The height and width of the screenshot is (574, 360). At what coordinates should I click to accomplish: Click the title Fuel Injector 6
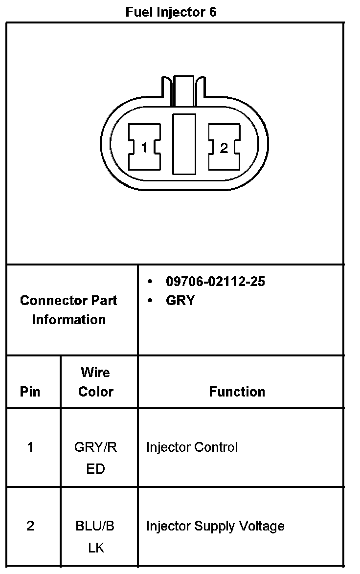pyautogui.click(x=171, y=12)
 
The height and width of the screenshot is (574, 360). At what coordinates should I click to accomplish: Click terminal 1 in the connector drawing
pyautogui.click(x=144, y=147)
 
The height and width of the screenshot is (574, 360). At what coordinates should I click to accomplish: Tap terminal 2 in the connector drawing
pyautogui.click(x=224, y=147)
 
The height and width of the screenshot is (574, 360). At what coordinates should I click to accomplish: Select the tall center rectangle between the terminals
pyautogui.click(x=184, y=144)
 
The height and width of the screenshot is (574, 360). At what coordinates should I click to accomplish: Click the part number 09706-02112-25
pyautogui.click(x=215, y=282)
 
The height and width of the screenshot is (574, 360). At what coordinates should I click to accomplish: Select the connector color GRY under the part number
pyautogui.click(x=180, y=300)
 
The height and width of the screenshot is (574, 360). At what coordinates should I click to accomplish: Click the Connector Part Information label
pyautogui.click(x=68, y=310)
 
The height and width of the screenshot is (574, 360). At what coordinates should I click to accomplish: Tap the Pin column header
pyautogui.click(x=30, y=392)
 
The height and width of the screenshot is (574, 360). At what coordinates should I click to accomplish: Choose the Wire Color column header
pyautogui.click(x=96, y=382)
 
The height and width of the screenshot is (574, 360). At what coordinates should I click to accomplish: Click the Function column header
pyautogui.click(x=237, y=392)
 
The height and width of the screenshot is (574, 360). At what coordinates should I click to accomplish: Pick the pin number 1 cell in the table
pyautogui.click(x=30, y=447)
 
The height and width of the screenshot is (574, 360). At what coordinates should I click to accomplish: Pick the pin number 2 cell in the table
pyautogui.click(x=30, y=526)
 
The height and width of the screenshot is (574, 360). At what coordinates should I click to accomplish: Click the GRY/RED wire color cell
pyautogui.click(x=96, y=458)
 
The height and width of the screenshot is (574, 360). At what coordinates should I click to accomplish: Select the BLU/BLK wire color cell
pyautogui.click(x=96, y=537)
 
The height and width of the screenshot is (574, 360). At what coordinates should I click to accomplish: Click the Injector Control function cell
pyautogui.click(x=192, y=447)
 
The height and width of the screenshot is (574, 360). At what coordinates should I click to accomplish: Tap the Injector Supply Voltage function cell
pyautogui.click(x=215, y=526)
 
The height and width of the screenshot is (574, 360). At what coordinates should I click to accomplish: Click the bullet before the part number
pyautogui.click(x=150, y=282)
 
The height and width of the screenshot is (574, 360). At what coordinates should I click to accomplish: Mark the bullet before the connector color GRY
pyautogui.click(x=150, y=300)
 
